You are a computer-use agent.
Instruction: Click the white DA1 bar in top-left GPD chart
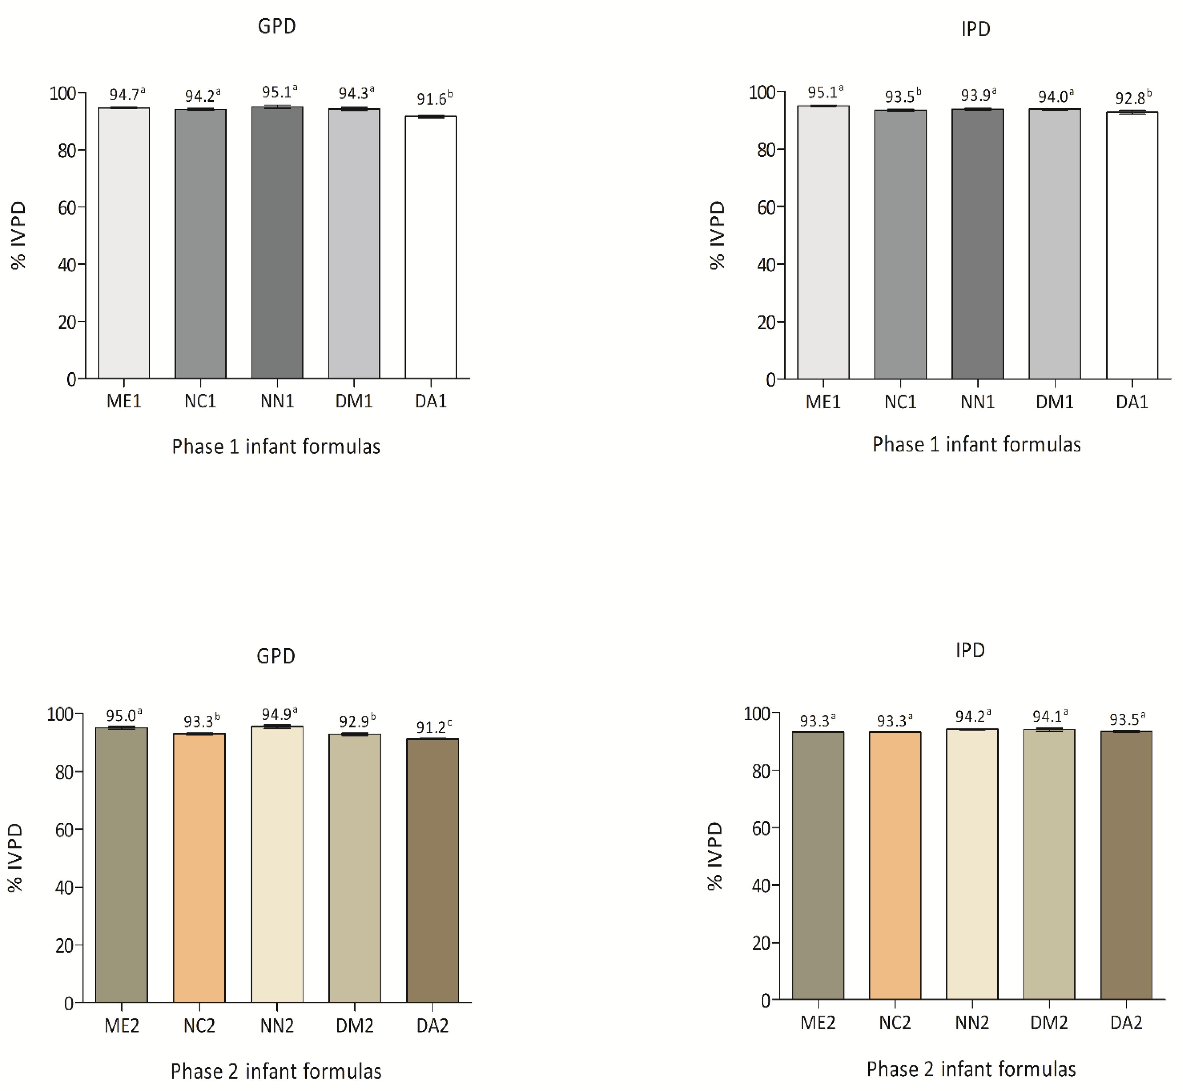[x=431, y=248]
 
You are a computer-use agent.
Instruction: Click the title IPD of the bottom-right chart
[x=970, y=650]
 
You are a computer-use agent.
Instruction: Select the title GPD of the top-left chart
[x=276, y=26]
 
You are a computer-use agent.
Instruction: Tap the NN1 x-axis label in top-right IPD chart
[x=977, y=402]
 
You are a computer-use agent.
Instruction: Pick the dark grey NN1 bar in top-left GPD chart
[x=277, y=243]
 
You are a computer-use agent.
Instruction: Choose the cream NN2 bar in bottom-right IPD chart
[x=972, y=865]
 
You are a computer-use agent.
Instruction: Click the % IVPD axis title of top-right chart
[x=717, y=235]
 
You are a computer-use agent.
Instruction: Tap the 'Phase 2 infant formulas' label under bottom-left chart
[x=276, y=1071]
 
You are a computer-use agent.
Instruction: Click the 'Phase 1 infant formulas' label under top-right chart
[x=976, y=445]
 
